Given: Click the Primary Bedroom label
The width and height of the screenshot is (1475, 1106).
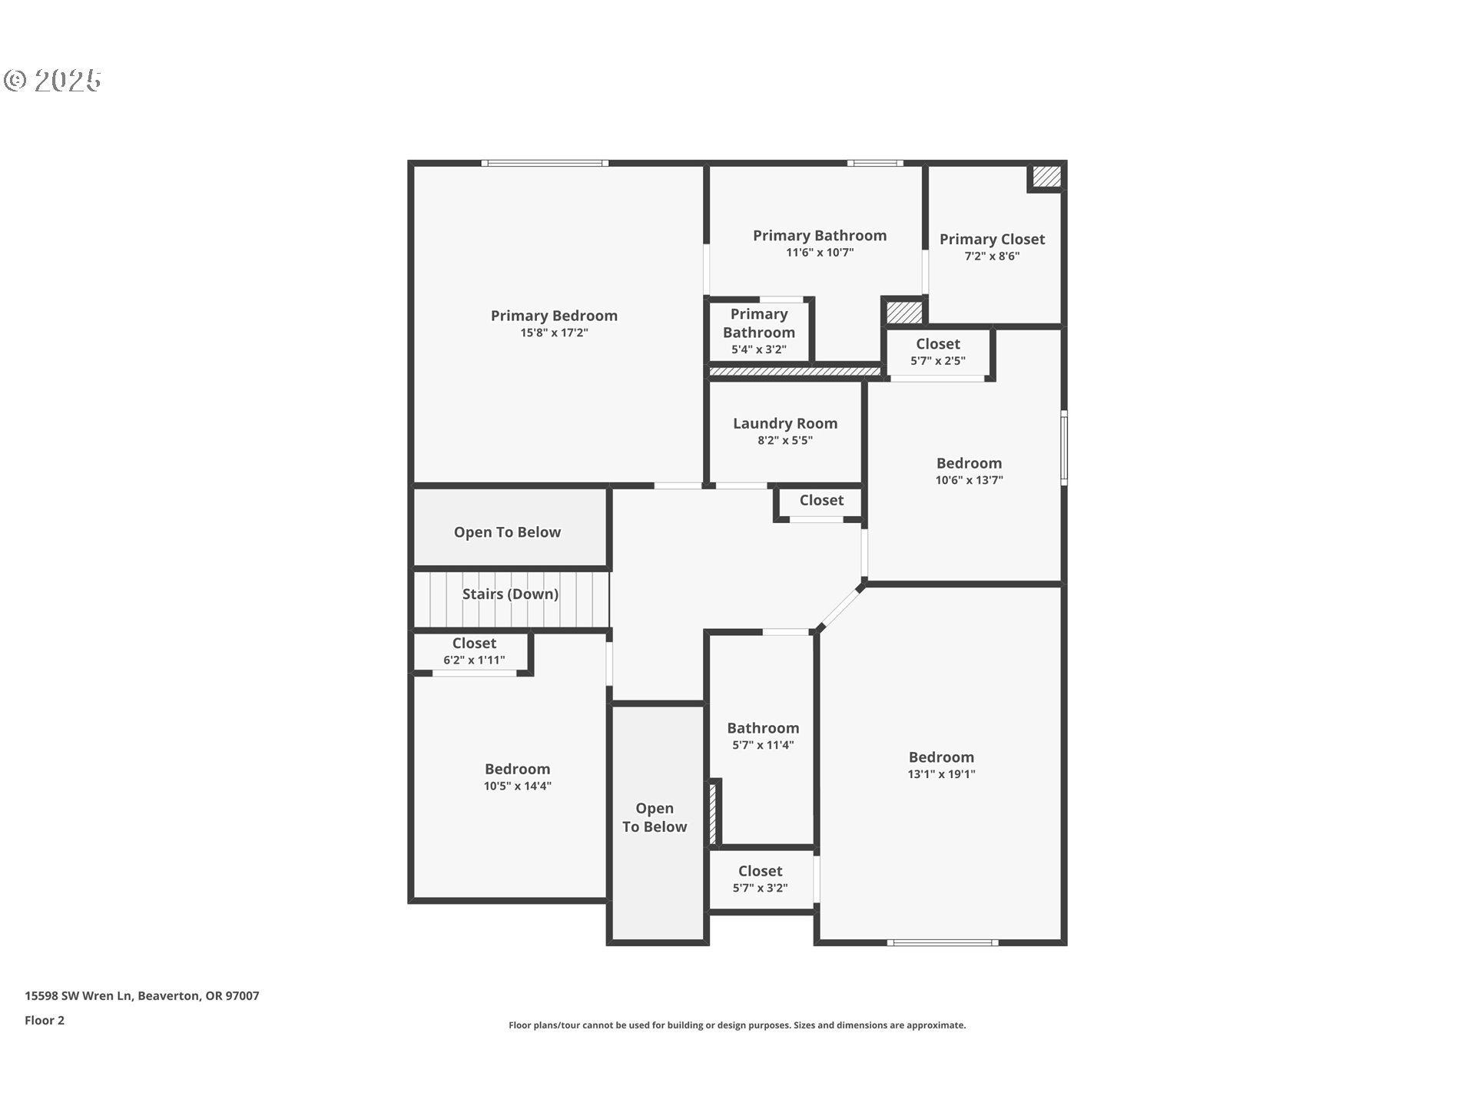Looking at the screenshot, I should click(553, 316).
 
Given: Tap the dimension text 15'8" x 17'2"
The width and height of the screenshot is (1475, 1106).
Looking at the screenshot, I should click(553, 333).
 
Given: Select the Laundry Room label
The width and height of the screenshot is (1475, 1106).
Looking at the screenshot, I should click(784, 423).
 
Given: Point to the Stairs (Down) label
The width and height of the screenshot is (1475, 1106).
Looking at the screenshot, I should click(510, 594).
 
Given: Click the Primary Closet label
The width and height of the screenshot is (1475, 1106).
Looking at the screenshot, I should click(991, 240).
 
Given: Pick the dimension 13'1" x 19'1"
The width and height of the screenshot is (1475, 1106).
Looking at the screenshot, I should click(940, 774).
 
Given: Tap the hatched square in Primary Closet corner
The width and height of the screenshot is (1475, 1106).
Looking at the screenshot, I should click(1046, 177).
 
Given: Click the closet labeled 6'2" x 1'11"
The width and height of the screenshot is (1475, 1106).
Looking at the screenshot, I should click(473, 651).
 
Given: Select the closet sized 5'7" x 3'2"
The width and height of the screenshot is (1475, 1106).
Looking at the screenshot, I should click(760, 879).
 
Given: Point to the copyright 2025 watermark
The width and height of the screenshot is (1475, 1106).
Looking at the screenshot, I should click(52, 81).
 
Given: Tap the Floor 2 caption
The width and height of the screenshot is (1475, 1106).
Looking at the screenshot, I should click(45, 1020).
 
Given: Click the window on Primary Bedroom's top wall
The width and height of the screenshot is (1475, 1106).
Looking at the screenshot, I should click(545, 163).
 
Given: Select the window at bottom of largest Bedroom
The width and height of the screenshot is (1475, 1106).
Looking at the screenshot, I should click(942, 942).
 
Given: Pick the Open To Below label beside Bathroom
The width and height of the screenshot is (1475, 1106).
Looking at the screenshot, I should click(654, 817).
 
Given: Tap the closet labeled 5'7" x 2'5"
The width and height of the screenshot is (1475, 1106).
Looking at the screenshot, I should click(937, 351).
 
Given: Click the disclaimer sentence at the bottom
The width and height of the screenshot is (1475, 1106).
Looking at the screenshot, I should click(737, 1025).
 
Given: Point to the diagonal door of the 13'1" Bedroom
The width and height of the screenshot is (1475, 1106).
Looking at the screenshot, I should click(840, 608).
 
